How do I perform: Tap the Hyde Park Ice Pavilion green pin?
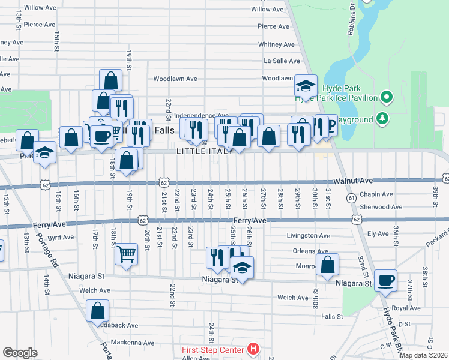click(x=387, y=97)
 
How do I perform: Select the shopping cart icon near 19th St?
click(x=126, y=255)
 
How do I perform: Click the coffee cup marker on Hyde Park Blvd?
click(x=385, y=280)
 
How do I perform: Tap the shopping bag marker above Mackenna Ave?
click(x=98, y=311)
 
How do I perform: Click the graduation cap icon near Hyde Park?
click(x=306, y=87)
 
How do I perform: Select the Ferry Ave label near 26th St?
click(x=250, y=221)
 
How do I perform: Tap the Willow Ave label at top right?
click(x=267, y=9)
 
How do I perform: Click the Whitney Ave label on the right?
click(x=276, y=44)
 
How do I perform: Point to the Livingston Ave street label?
click(x=308, y=236)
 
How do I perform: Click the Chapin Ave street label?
click(x=376, y=194)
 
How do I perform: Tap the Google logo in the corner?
click(x=20, y=353)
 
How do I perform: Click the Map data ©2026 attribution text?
click(x=423, y=355)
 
